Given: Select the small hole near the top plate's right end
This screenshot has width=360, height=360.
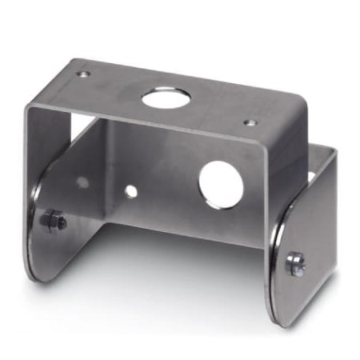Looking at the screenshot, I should (250, 123).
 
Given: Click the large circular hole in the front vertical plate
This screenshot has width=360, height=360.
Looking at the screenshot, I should (222, 182).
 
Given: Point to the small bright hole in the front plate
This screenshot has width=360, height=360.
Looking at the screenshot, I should (130, 192).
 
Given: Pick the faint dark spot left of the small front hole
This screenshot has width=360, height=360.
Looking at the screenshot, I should (83, 182).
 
